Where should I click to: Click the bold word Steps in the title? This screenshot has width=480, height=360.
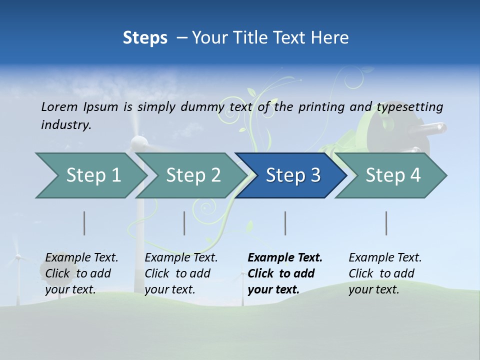[145, 38]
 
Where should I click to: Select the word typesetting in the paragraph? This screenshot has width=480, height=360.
[409, 107]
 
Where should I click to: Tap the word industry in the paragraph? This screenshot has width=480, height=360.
[66, 124]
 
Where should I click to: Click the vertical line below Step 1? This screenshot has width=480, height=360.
[84, 223]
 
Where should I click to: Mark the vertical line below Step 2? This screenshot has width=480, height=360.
[184, 223]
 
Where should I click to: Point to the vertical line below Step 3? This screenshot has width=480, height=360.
[285, 223]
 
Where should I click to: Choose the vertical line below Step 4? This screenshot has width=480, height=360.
[386, 223]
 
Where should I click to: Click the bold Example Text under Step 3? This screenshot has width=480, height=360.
[285, 258]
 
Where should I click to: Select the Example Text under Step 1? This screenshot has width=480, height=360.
[81, 258]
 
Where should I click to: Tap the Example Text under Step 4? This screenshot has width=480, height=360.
[385, 258]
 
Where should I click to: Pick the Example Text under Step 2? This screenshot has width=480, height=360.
[181, 258]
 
